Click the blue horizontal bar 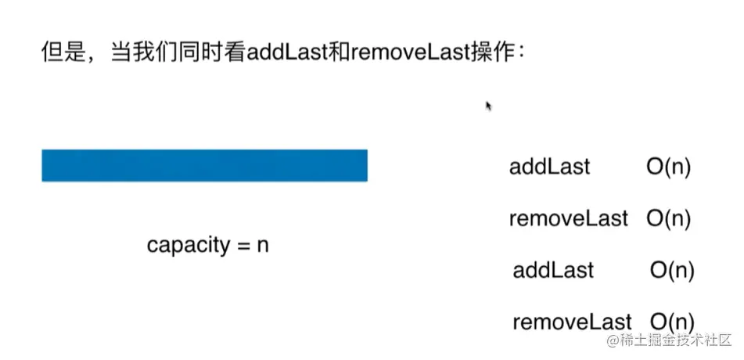click(x=204, y=165)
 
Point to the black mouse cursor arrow click(x=489, y=106)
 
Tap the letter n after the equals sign click(x=263, y=245)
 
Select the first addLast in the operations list click(x=549, y=167)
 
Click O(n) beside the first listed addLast click(x=668, y=167)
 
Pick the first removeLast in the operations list click(x=568, y=218)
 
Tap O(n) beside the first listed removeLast click(x=668, y=218)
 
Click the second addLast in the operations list click(x=553, y=270)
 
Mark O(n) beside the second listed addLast click(x=672, y=270)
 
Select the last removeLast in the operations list click(x=572, y=321)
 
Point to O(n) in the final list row click(x=672, y=321)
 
